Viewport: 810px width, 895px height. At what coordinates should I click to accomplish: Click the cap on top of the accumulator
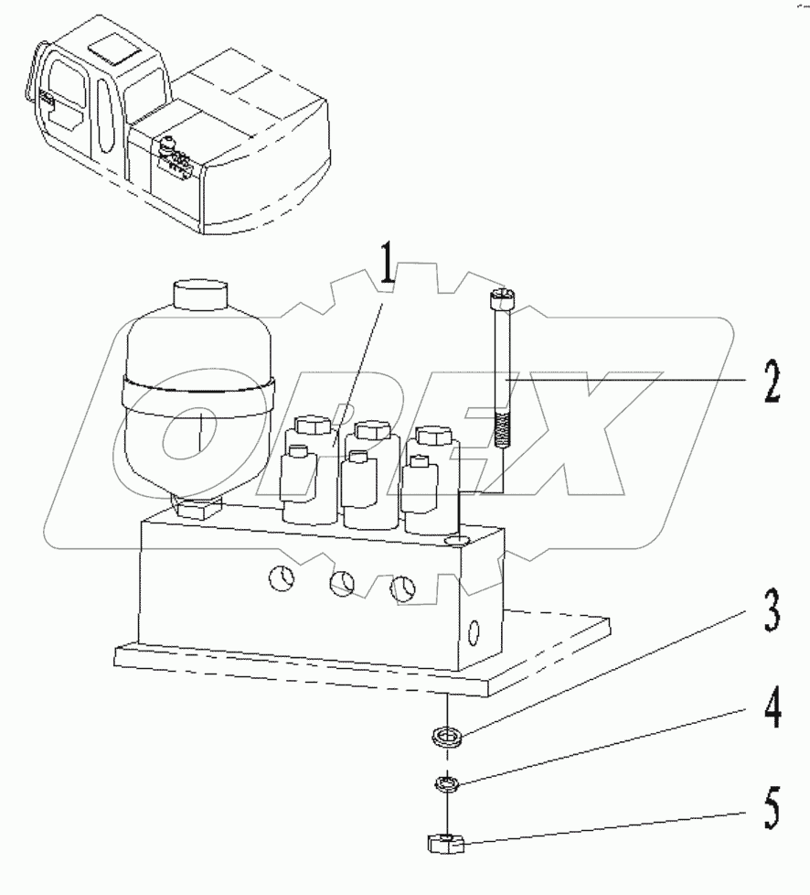tap(198, 298)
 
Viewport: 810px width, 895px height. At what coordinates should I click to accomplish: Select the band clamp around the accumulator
tap(197, 388)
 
